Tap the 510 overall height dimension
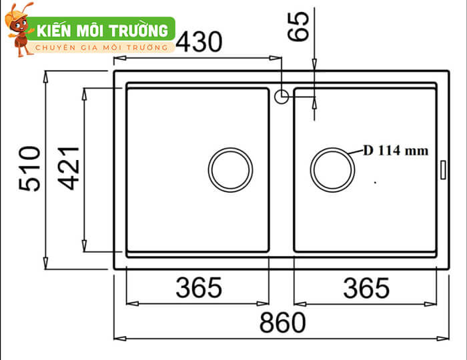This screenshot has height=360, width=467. tap(31, 169)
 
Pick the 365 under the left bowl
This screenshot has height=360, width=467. tap(198, 288)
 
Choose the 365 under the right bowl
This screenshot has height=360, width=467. tap(366, 288)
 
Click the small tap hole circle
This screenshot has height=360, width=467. tap(281, 97)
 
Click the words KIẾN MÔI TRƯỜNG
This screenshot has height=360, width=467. tap(102, 31)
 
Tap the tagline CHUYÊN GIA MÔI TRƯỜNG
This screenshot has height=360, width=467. tap(101, 47)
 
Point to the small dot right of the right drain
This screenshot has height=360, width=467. tap(376, 181)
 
